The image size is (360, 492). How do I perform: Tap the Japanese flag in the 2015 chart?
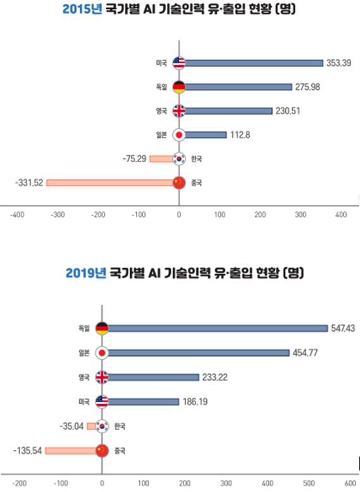click(x=179, y=135)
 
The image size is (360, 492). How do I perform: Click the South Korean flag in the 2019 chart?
click(x=102, y=426)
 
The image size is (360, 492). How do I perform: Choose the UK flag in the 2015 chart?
click(x=179, y=111)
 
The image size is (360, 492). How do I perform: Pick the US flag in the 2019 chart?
click(x=102, y=401)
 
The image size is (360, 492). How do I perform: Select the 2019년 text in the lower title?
click(x=83, y=274)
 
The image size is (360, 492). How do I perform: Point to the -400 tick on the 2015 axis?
click(x=17, y=215)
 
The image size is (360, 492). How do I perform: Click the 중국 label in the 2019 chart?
click(x=120, y=451)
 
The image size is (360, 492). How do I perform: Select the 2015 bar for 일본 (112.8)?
click(x=206, y=135)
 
